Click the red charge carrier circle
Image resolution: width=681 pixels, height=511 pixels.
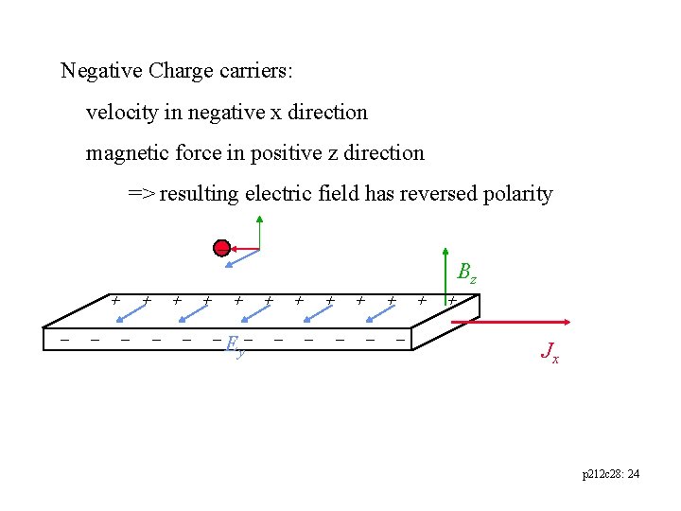221,249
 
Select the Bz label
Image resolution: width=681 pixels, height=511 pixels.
466,274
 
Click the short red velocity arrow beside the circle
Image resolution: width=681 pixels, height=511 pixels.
246,249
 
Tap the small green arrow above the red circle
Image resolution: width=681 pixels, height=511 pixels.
259,232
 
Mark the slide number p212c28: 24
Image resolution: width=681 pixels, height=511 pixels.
610,473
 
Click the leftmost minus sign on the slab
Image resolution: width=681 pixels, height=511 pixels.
64,338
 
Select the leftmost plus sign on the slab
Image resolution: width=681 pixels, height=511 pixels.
115,300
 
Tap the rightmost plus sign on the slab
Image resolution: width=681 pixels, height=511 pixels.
452,300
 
